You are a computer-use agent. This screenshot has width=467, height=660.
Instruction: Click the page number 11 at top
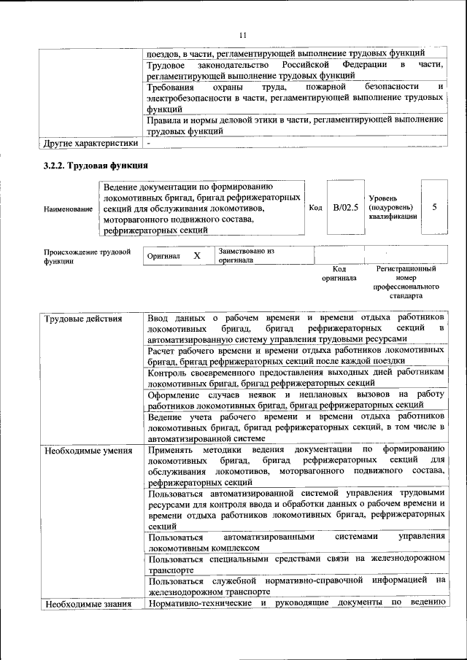243,34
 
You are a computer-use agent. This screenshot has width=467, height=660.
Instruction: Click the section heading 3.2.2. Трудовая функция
96,166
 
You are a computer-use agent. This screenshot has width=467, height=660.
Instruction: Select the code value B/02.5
346,208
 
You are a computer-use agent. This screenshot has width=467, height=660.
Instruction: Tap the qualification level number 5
434,207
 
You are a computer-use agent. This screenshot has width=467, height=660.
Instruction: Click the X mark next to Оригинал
196,257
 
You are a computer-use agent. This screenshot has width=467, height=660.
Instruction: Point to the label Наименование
68,209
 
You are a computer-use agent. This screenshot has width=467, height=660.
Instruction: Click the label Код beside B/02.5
315,208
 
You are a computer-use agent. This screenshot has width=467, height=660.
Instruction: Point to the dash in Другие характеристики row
148,142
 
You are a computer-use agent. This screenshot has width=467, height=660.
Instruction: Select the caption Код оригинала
339,273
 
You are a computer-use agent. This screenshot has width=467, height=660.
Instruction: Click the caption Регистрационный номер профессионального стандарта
406,283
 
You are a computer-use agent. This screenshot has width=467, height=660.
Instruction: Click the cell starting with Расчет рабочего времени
296,355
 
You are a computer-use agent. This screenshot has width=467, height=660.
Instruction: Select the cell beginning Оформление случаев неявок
296,399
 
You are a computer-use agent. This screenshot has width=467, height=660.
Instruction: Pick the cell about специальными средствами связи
296,563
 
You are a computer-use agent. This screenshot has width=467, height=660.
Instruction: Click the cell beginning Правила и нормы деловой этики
296,125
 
